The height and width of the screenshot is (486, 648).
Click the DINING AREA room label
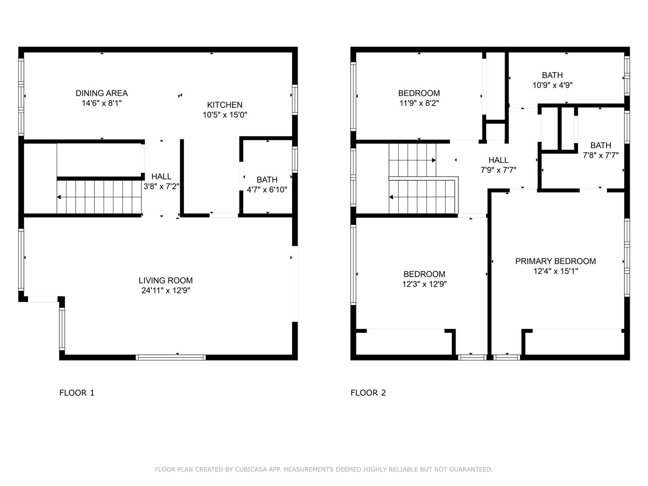[101, 93]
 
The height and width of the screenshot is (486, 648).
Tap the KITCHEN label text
[225, 105]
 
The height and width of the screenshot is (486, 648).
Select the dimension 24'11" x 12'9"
[166, 290]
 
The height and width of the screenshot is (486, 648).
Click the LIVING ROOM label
[166, 280]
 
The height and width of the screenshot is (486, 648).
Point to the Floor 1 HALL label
[161, 177]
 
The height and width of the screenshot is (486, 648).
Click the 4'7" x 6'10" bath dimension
[267, 190]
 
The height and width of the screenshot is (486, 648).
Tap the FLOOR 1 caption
[77, 392]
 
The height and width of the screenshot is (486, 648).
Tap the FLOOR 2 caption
[368, 392]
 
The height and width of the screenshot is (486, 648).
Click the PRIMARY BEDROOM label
[555, 261]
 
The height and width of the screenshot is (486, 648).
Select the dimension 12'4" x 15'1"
[555, 271]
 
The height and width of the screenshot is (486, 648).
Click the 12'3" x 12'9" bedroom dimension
[424, 284]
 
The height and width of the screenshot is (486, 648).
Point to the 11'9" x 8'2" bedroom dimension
[419, 103]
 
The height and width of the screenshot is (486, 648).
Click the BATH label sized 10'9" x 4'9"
[552, 75]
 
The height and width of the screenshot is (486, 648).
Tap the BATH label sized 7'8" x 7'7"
[601, 145]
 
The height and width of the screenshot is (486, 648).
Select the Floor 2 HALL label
[498, 160]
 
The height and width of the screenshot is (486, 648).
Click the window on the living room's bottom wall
[171, 357]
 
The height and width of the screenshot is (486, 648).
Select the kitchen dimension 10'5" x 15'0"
[225, 115]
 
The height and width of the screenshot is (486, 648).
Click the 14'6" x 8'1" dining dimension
[101, 103]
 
